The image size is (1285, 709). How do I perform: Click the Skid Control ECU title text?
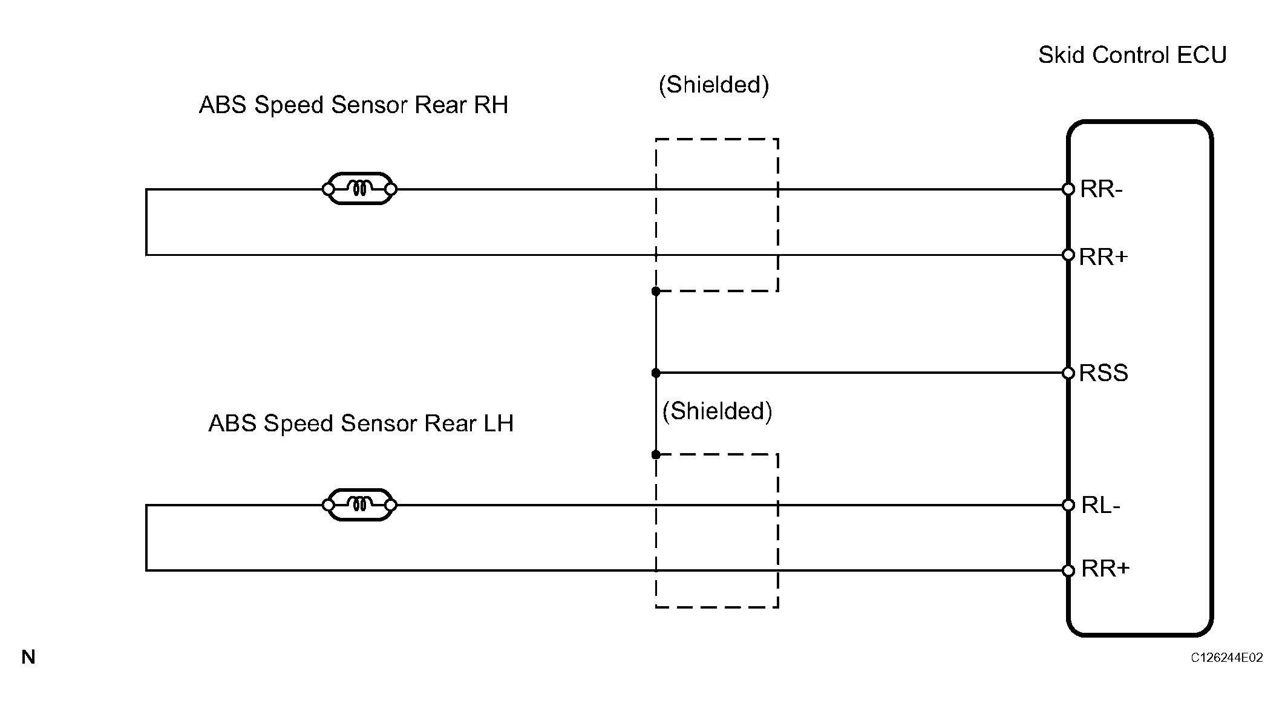(1132, 55)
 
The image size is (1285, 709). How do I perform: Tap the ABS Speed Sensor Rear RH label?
(353, 105)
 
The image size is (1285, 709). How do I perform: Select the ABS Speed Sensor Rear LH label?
(361, 423)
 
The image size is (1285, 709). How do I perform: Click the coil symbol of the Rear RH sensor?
(359, 189)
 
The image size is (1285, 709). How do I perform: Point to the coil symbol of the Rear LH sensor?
(359, 505)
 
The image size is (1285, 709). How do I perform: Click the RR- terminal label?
(1101, 189)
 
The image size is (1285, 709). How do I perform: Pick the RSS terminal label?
(1104, 373)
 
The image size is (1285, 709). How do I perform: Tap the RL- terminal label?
(1100, 505)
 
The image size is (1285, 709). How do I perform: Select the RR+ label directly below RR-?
(1104, 256)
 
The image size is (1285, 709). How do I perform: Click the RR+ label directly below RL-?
(1105, 569)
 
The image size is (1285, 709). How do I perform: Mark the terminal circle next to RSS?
(1068, 373)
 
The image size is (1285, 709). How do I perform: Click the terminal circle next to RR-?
(1068, 189)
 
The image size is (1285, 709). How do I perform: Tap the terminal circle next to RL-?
(1068, 505)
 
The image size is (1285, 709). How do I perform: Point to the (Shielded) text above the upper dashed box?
(713, 85)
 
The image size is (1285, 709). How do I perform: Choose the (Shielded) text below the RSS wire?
(717, 411)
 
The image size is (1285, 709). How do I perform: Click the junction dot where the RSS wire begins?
(656, 373)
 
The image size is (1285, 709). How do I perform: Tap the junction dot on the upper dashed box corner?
(656, 292)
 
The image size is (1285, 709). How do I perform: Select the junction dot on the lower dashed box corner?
(656, 454)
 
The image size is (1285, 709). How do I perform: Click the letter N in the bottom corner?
(28, 657)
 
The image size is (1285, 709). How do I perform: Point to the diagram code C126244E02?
(1226, 658)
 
